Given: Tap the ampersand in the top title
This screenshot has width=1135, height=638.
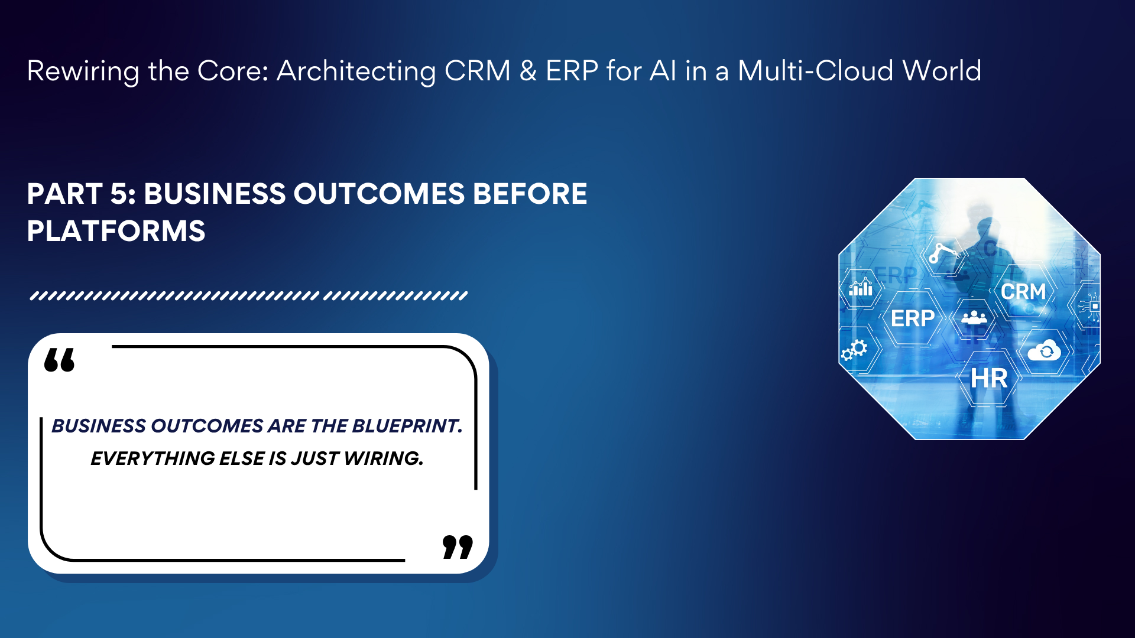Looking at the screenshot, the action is pos(528,71).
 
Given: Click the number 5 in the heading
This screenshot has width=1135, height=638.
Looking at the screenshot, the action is pos(123,194).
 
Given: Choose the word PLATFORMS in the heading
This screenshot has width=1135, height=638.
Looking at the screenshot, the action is pos(116,231).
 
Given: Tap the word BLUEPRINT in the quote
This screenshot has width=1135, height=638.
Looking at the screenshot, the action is pos(407,426).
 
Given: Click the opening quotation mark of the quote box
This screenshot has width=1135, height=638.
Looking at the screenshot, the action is pos(60,359).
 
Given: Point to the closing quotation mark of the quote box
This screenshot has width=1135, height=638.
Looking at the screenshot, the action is pos(458,547).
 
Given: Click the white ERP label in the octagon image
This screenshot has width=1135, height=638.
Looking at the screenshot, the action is pos(913,318).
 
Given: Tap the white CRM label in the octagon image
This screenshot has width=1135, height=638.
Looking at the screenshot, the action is pos(1023,291).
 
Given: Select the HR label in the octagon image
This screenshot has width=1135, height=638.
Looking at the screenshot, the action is pos(989,379).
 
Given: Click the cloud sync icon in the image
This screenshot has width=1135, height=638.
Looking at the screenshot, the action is pos(1044,350).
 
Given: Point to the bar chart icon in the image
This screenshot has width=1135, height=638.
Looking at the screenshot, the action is pos(861,288).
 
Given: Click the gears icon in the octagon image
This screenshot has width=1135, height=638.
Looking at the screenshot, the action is pos(854,349).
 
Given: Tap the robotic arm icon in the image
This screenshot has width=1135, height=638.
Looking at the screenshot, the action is pos(943,252).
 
